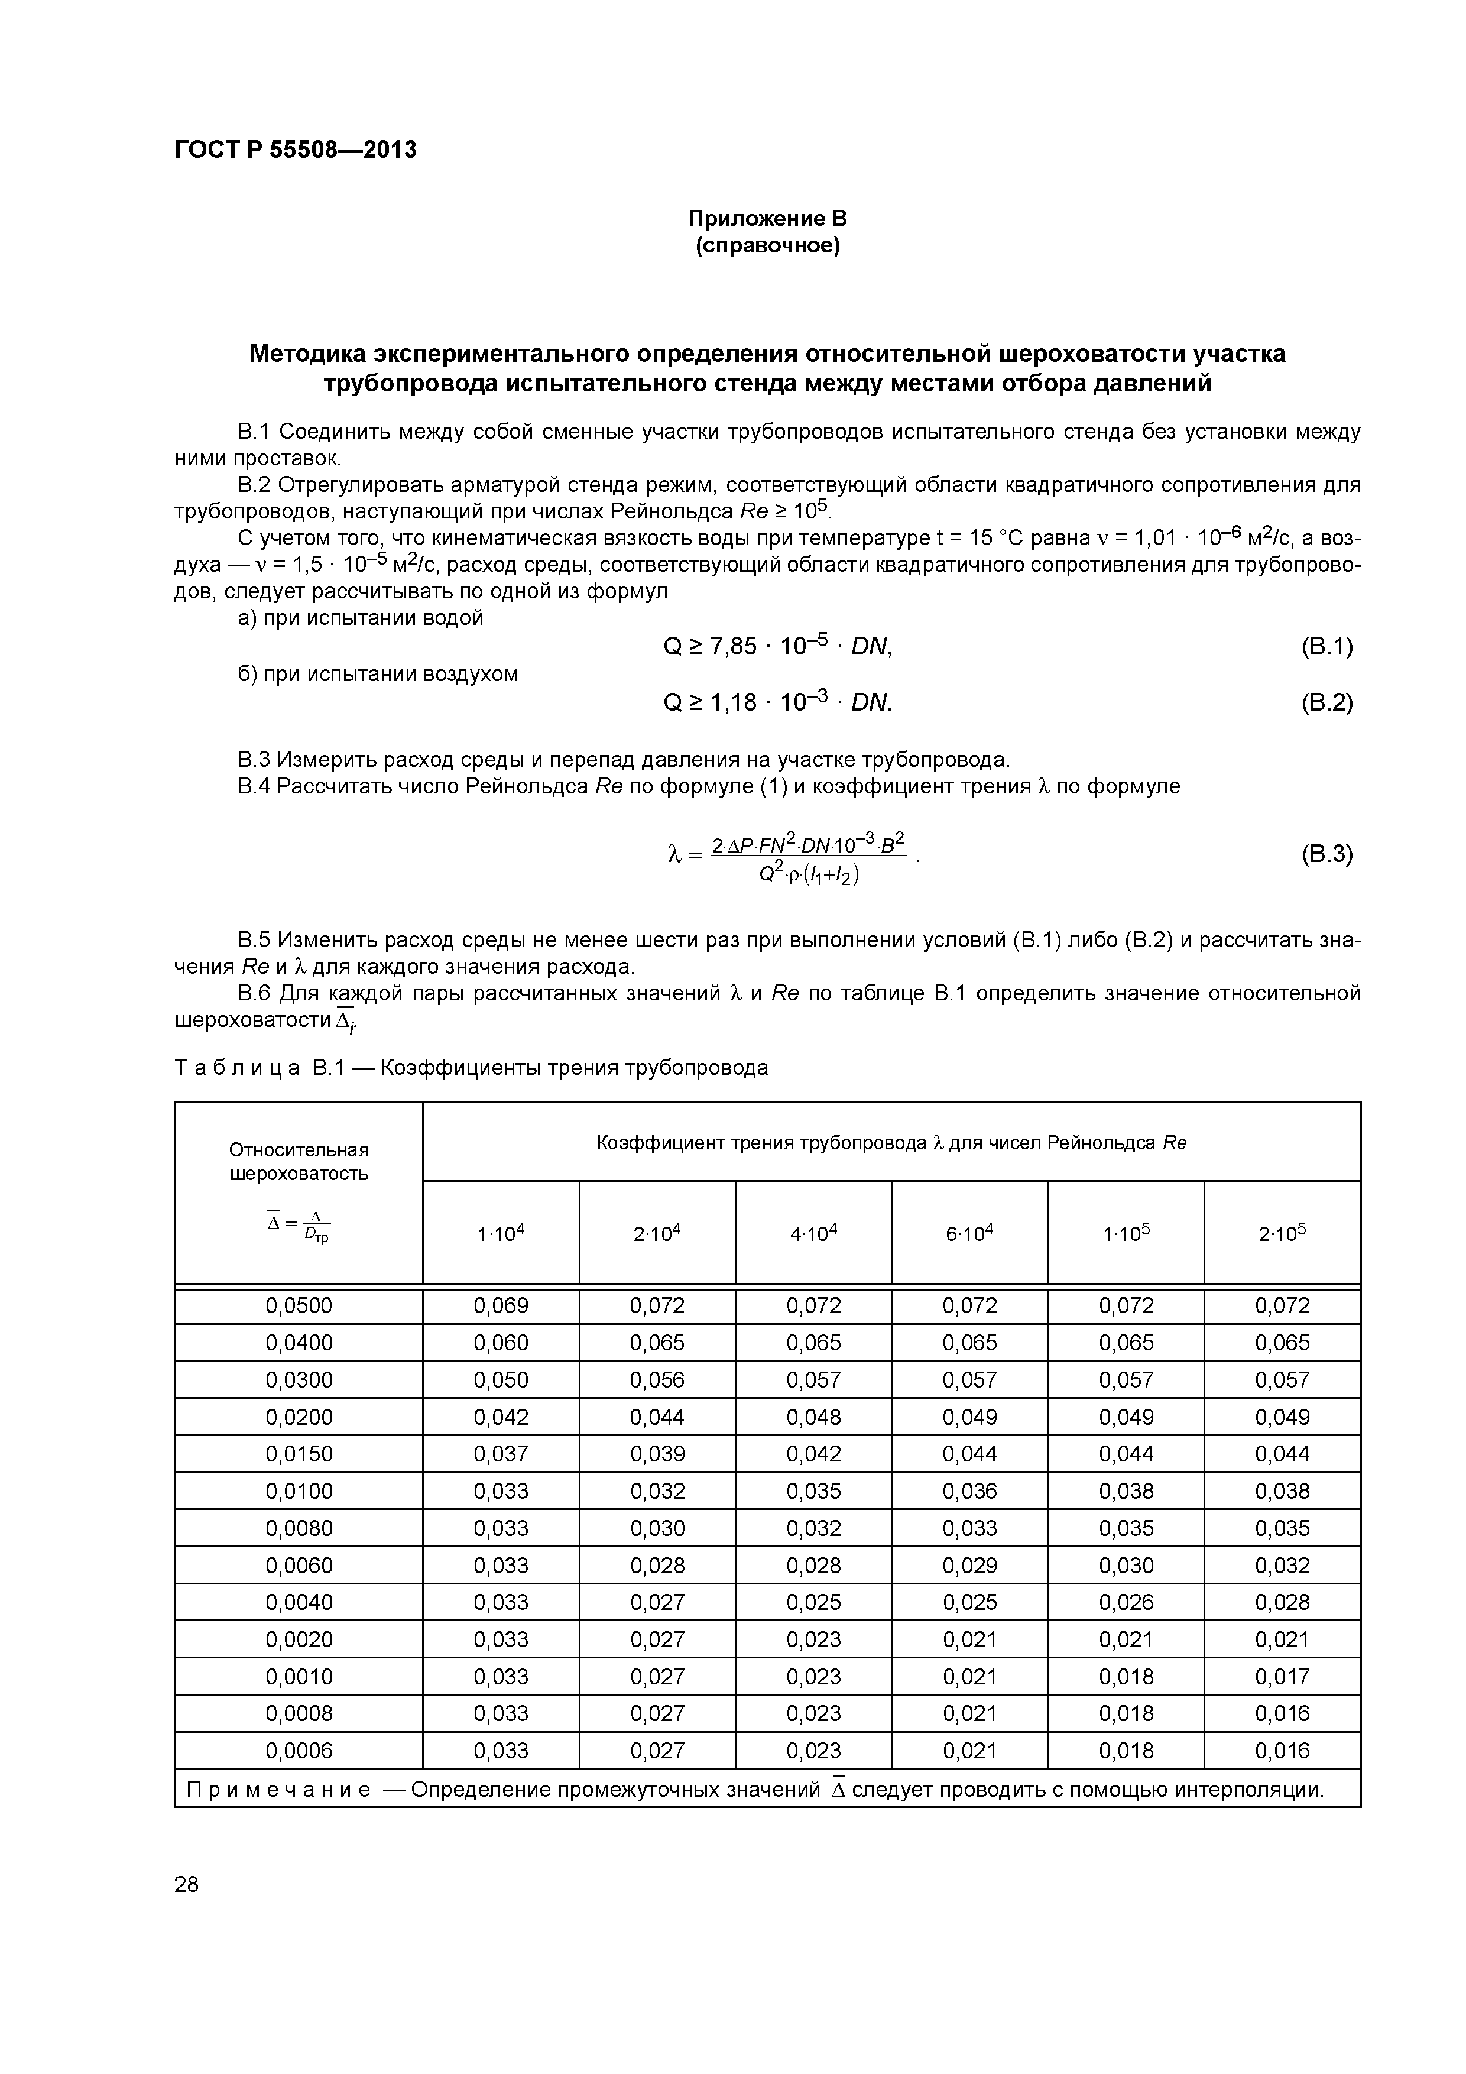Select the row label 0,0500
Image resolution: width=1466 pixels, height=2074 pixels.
tap(299, 1305)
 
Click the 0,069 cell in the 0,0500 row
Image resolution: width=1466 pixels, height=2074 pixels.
tap(501, 1305)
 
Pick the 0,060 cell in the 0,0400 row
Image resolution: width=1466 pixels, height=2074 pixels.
tap(501, 1342)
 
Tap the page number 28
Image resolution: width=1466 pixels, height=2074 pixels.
tap(186, 1884)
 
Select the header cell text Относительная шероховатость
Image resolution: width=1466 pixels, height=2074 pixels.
tap(299, 1162)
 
